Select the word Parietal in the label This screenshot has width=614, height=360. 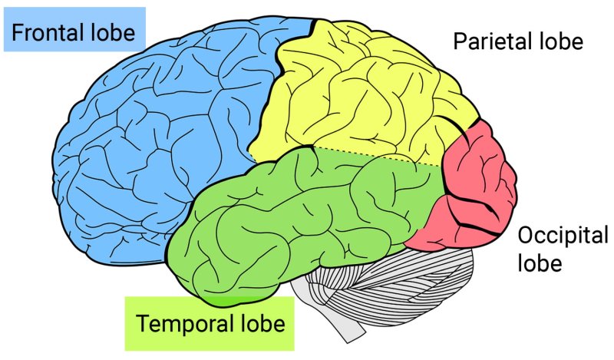click(488, 42)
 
